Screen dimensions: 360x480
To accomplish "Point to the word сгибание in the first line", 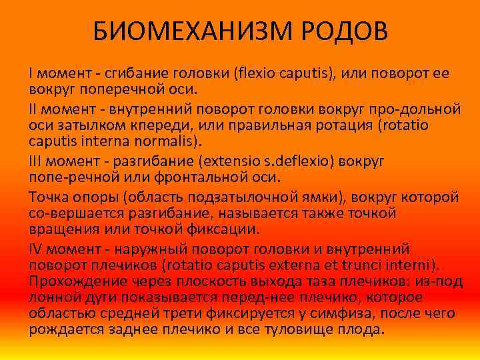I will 143,73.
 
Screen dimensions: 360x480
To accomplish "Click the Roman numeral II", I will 35,107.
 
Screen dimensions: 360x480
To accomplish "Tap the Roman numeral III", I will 38,162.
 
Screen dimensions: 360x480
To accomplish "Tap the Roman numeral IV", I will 37,249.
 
